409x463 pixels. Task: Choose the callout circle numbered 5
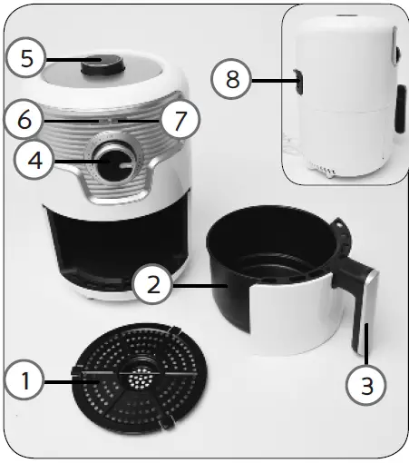click(28, 58)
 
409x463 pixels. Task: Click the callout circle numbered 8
click(234, 80)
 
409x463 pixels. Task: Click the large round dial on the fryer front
click(115, 163)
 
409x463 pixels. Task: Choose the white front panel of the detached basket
click(290, 322)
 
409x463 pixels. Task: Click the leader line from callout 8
click(272, 81)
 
